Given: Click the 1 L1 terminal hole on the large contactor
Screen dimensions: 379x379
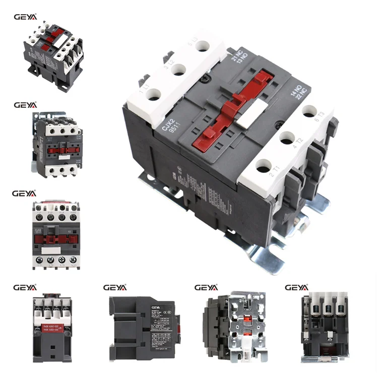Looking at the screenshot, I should [x=153, y=94].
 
